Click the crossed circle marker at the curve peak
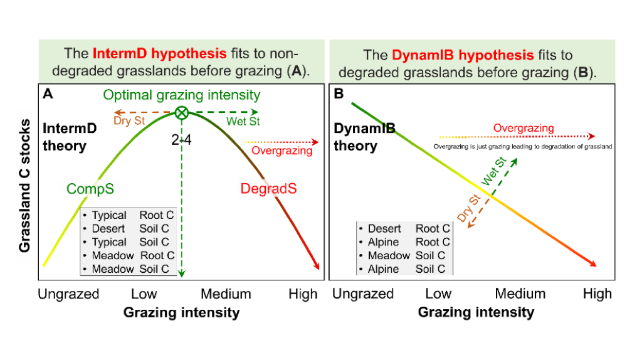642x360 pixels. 182,113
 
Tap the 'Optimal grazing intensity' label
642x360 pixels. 181,95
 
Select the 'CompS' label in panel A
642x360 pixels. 90,188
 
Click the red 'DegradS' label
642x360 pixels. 269,189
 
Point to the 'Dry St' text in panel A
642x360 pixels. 131,121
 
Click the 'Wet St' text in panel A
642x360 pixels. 243,121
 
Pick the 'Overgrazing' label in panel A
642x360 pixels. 282,151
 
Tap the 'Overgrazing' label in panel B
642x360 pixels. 524,128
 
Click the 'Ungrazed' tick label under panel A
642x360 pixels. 68,294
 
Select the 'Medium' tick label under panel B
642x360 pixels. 520,294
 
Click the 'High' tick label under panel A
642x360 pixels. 303,294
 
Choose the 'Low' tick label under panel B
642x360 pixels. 438,294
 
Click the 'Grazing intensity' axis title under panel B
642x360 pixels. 476,312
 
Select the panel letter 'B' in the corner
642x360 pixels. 339,95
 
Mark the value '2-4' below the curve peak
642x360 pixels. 181,140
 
